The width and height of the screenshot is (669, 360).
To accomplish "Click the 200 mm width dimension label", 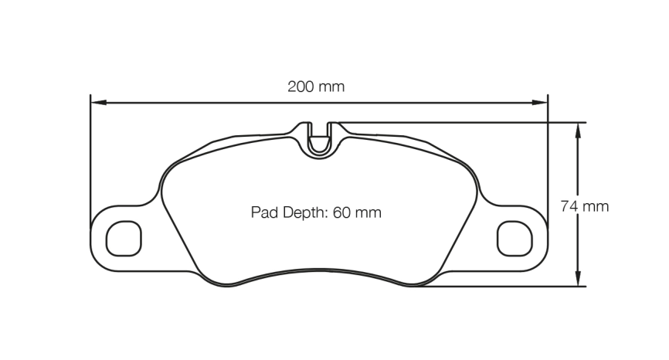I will [x=316, y=87].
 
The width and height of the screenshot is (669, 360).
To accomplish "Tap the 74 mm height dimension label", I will [x=584, y=206].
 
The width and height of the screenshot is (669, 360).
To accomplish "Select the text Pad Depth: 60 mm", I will [x=316, y=212].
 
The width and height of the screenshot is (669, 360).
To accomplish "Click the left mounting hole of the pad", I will [x=124, y=238].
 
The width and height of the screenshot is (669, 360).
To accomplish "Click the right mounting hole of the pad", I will [x=514, y=238].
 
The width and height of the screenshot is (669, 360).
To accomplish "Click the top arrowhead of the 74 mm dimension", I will [x=577, y=129].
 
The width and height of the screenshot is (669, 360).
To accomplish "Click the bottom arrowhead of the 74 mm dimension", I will [x=577, y=280].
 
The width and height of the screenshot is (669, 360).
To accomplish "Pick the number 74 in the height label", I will [x=569, y=206].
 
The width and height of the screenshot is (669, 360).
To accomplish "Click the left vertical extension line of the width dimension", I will [x=91, y=155].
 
